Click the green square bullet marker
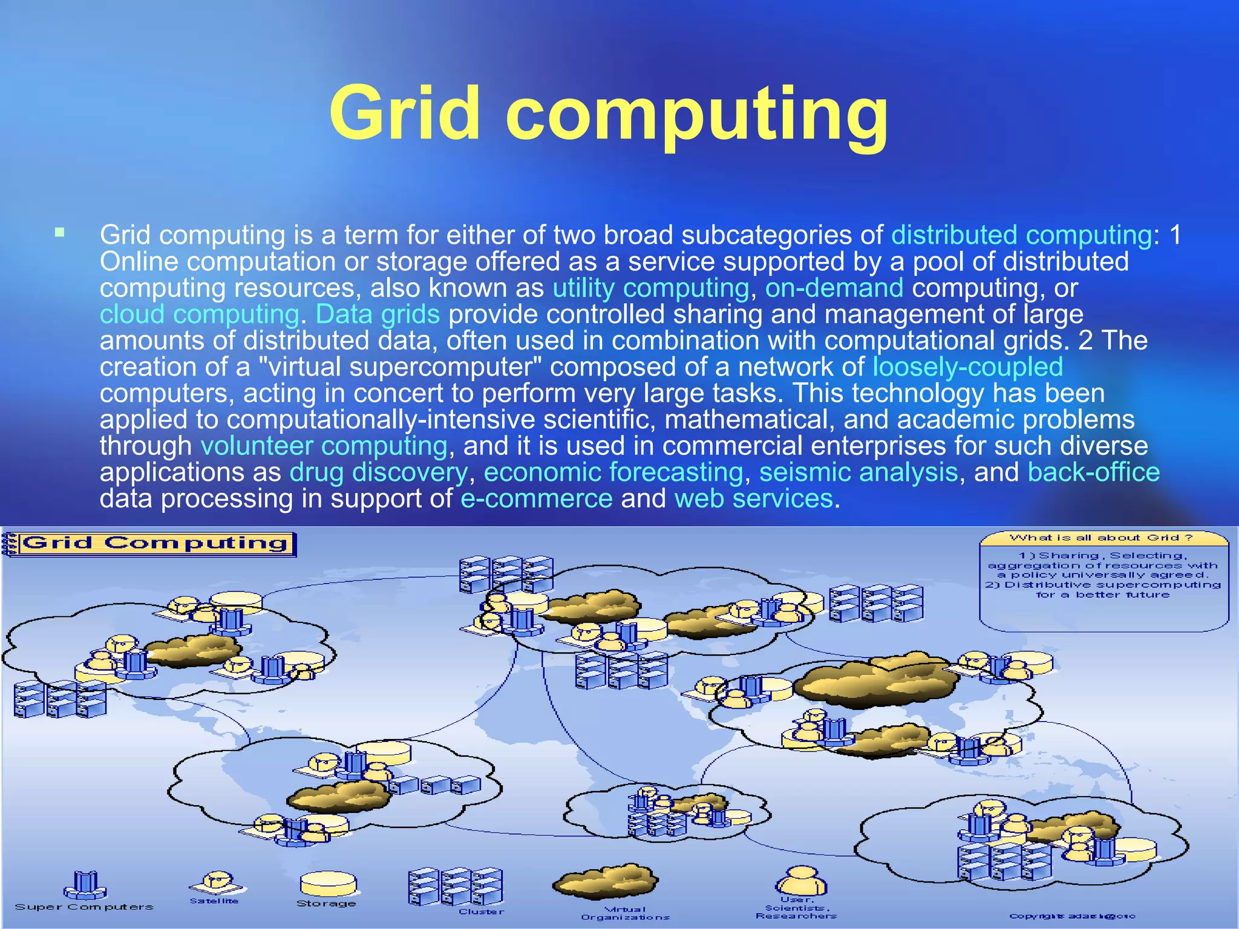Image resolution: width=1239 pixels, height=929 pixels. click(59, 232)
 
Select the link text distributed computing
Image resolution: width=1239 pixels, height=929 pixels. click(1022, 235)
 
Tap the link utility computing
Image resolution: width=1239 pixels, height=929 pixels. click(651, 288)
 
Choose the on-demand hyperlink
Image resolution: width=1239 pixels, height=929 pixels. click(834, 288)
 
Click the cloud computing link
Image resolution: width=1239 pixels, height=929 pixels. click(199, 315)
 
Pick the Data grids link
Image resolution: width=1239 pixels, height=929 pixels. click(378, 315)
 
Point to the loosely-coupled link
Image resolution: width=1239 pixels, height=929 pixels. click(967, 367)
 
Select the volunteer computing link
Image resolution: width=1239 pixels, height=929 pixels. click(324, 446)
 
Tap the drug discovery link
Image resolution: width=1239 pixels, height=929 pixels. click(378, 472)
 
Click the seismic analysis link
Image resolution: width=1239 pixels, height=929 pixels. click(858, 472)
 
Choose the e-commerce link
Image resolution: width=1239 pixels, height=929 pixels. click(537, 499)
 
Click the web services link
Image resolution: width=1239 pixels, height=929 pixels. click(753, 499)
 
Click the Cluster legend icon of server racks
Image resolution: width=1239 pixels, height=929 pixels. click(455, 886)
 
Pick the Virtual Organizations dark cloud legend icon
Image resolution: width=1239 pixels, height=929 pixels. click(604, 882)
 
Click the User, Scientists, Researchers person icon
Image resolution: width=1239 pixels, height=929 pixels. click(800, 880)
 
